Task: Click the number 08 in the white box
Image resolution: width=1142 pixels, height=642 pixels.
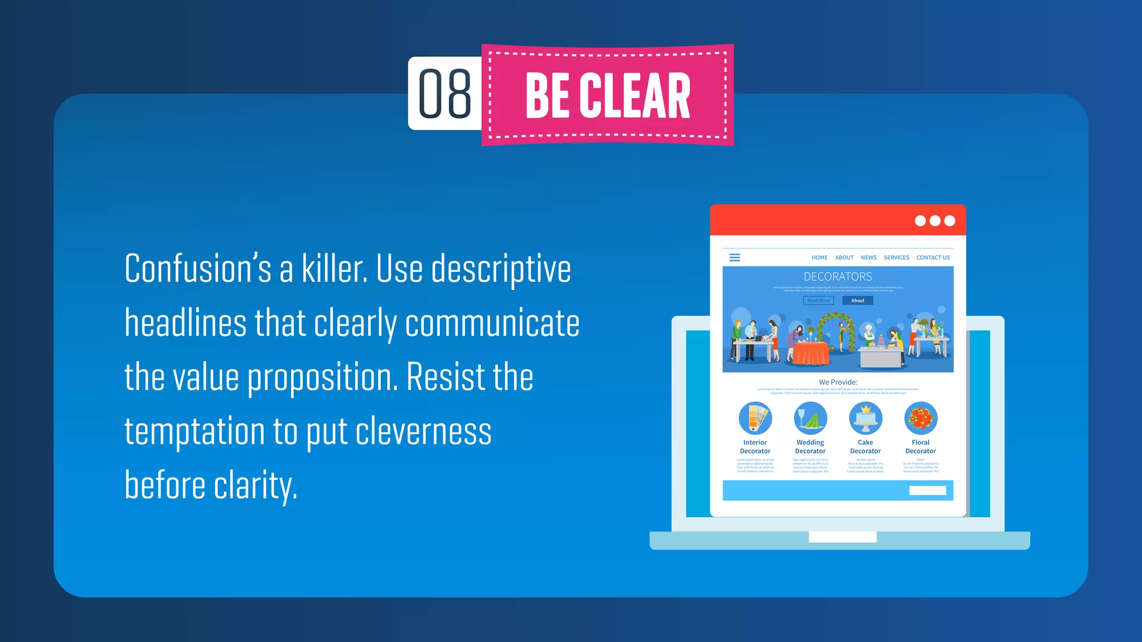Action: click(444, 94)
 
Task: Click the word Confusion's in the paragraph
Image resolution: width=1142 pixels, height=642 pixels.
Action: click(198, 269)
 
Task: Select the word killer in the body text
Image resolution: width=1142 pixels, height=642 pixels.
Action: click(334, 269)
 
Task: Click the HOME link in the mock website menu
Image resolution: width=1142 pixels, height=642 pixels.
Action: click(819, 257)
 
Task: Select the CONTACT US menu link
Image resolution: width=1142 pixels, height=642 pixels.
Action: click(933, 257)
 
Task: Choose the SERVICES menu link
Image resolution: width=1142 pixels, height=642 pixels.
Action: click(896, 257)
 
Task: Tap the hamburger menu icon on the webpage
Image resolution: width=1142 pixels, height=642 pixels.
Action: click(735, 257)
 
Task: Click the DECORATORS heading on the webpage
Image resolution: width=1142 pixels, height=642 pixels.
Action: click(838, 276)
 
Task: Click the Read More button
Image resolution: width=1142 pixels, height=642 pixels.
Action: click(818, 300)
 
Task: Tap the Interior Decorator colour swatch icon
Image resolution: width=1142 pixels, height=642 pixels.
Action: click(755, 418)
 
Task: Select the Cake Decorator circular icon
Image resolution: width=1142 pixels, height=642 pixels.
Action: click(865, 418)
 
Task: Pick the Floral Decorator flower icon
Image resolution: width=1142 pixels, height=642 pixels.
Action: click(921, 418)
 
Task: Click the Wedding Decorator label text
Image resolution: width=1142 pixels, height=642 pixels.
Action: click(810, 446)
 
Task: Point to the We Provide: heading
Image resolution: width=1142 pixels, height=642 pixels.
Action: click(838, 382)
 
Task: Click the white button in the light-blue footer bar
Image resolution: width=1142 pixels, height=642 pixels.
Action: click(927, 490)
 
